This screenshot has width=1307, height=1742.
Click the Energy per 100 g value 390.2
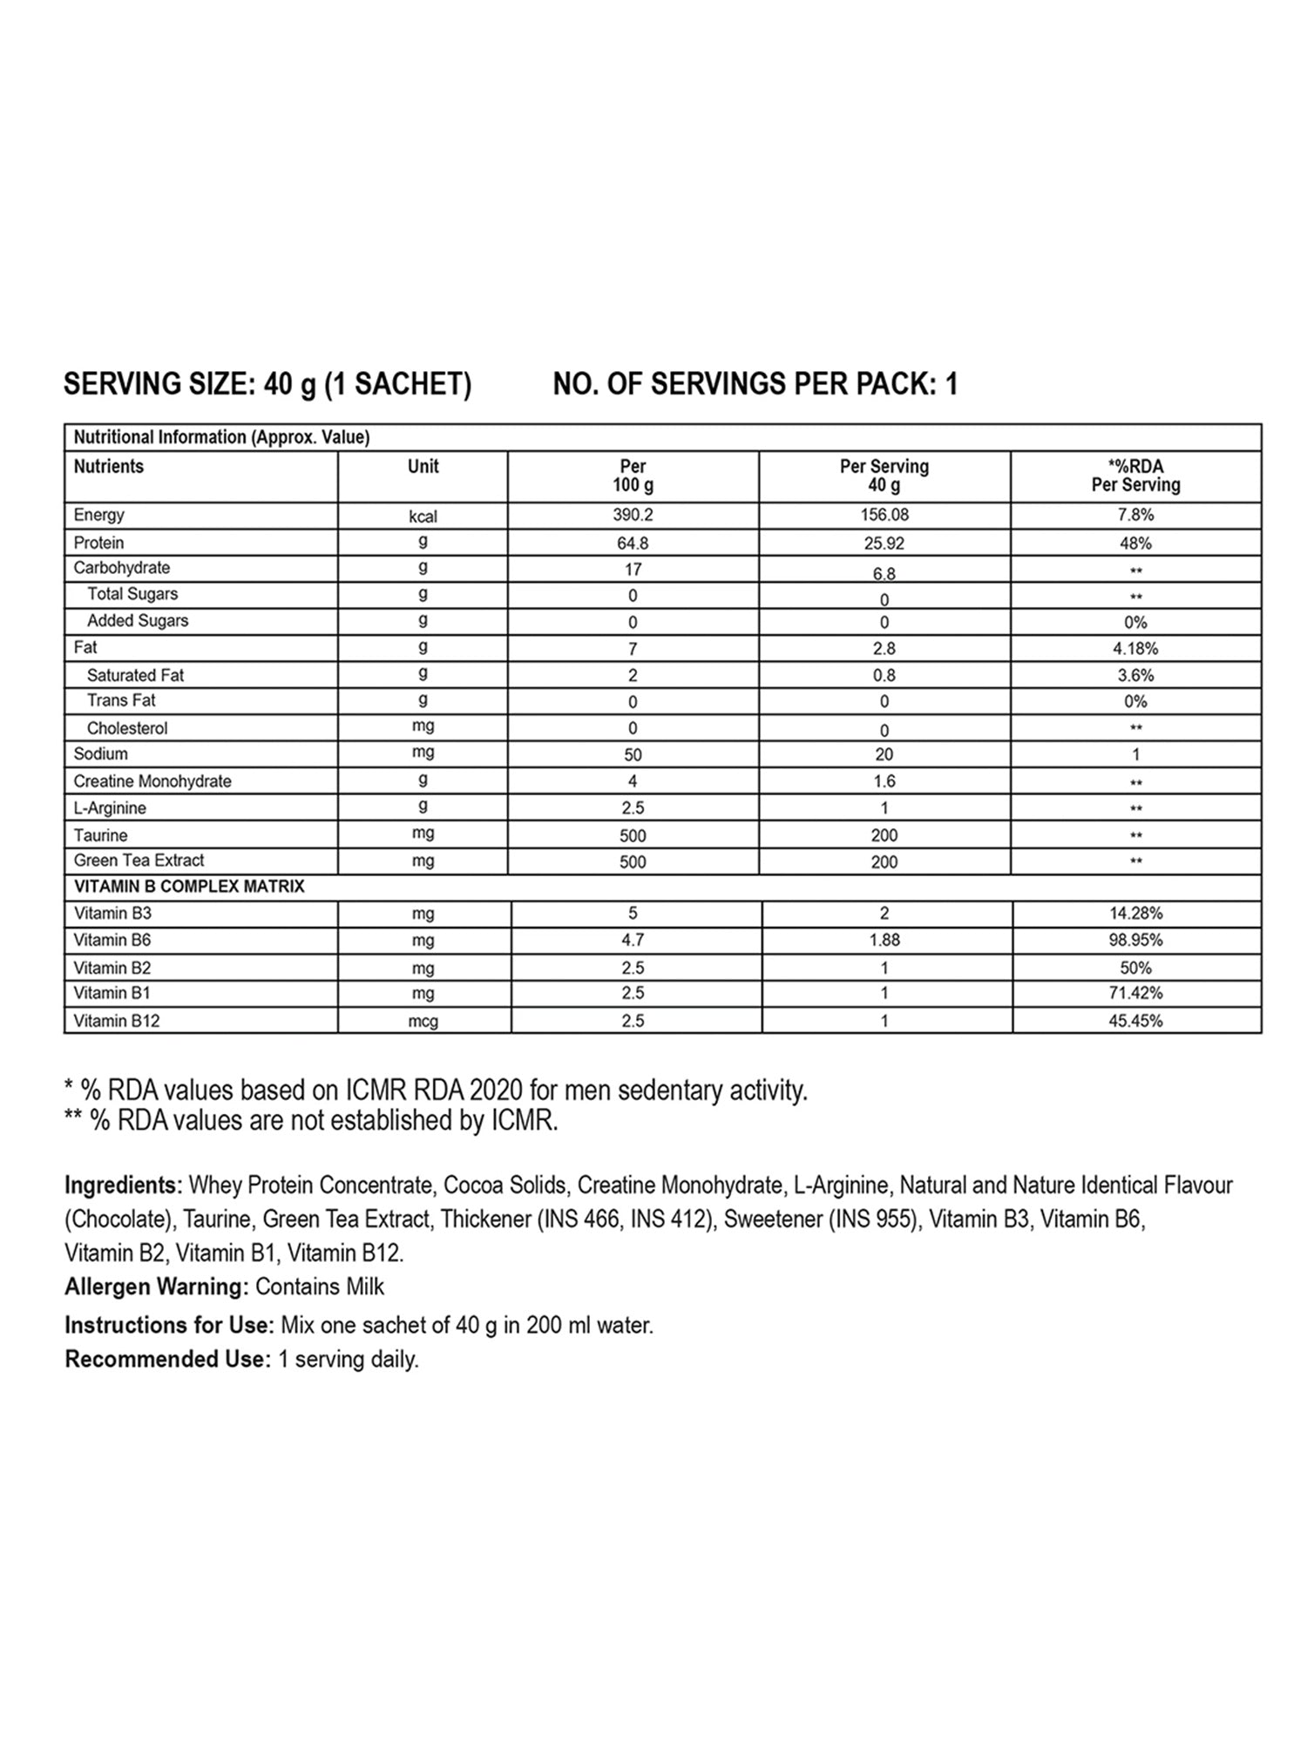pos(633,515)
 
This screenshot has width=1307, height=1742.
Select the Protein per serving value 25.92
pos(884,543)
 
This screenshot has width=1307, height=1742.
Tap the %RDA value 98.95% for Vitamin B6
pos(1135,940)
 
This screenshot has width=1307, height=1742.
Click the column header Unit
pos(423,467)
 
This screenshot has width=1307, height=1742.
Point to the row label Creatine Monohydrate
pos(152,781)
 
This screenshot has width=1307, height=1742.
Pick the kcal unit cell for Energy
pos(423,517)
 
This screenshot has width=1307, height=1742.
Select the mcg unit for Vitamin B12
pos(423,1021)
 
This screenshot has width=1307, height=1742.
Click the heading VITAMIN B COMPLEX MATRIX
pos(189,887)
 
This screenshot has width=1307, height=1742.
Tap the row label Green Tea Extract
pos(139,861)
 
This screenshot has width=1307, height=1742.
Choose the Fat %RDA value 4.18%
pos(1135,648)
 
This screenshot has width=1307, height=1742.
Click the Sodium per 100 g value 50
pos(633,754)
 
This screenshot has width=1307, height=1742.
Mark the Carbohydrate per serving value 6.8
pos(884,573)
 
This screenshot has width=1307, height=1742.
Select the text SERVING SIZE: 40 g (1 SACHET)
pos(267,384)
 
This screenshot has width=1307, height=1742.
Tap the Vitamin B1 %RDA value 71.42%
pos(1135,993)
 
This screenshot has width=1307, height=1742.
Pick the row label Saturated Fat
pos(135,675)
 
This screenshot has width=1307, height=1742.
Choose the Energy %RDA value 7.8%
pos(1135,515)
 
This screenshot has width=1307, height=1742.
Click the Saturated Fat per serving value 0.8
pos(884,675)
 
